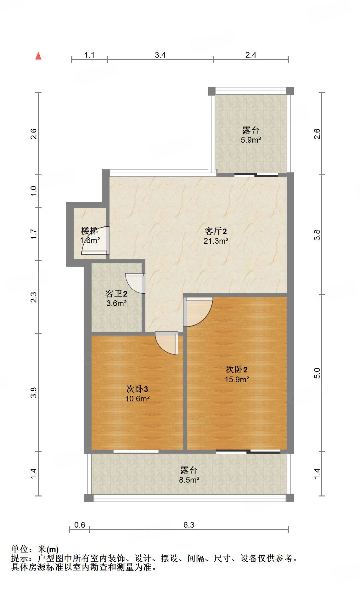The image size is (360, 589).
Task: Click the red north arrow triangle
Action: (38, 56)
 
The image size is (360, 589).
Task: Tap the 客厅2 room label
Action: (216, 231)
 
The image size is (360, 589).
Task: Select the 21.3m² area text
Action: (216, 241)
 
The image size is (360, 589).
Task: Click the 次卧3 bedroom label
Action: (137, 389)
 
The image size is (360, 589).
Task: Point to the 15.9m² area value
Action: (237, 379)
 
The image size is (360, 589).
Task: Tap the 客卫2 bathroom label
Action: (116, 294)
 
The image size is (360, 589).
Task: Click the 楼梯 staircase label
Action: (89, 231)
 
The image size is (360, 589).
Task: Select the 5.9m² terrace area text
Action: (251, 140)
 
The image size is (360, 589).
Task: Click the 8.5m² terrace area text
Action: (189, 480)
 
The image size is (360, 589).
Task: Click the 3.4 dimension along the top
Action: (160, 55)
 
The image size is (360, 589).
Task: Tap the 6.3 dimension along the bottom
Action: (189, 525)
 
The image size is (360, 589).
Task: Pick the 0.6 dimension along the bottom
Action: (80, 525)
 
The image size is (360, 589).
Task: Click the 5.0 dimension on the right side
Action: (317, 373)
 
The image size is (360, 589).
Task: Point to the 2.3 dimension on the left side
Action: (34, 297)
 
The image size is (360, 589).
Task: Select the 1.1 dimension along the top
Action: (89, 55)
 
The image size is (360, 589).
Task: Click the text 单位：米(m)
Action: (35, 549)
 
